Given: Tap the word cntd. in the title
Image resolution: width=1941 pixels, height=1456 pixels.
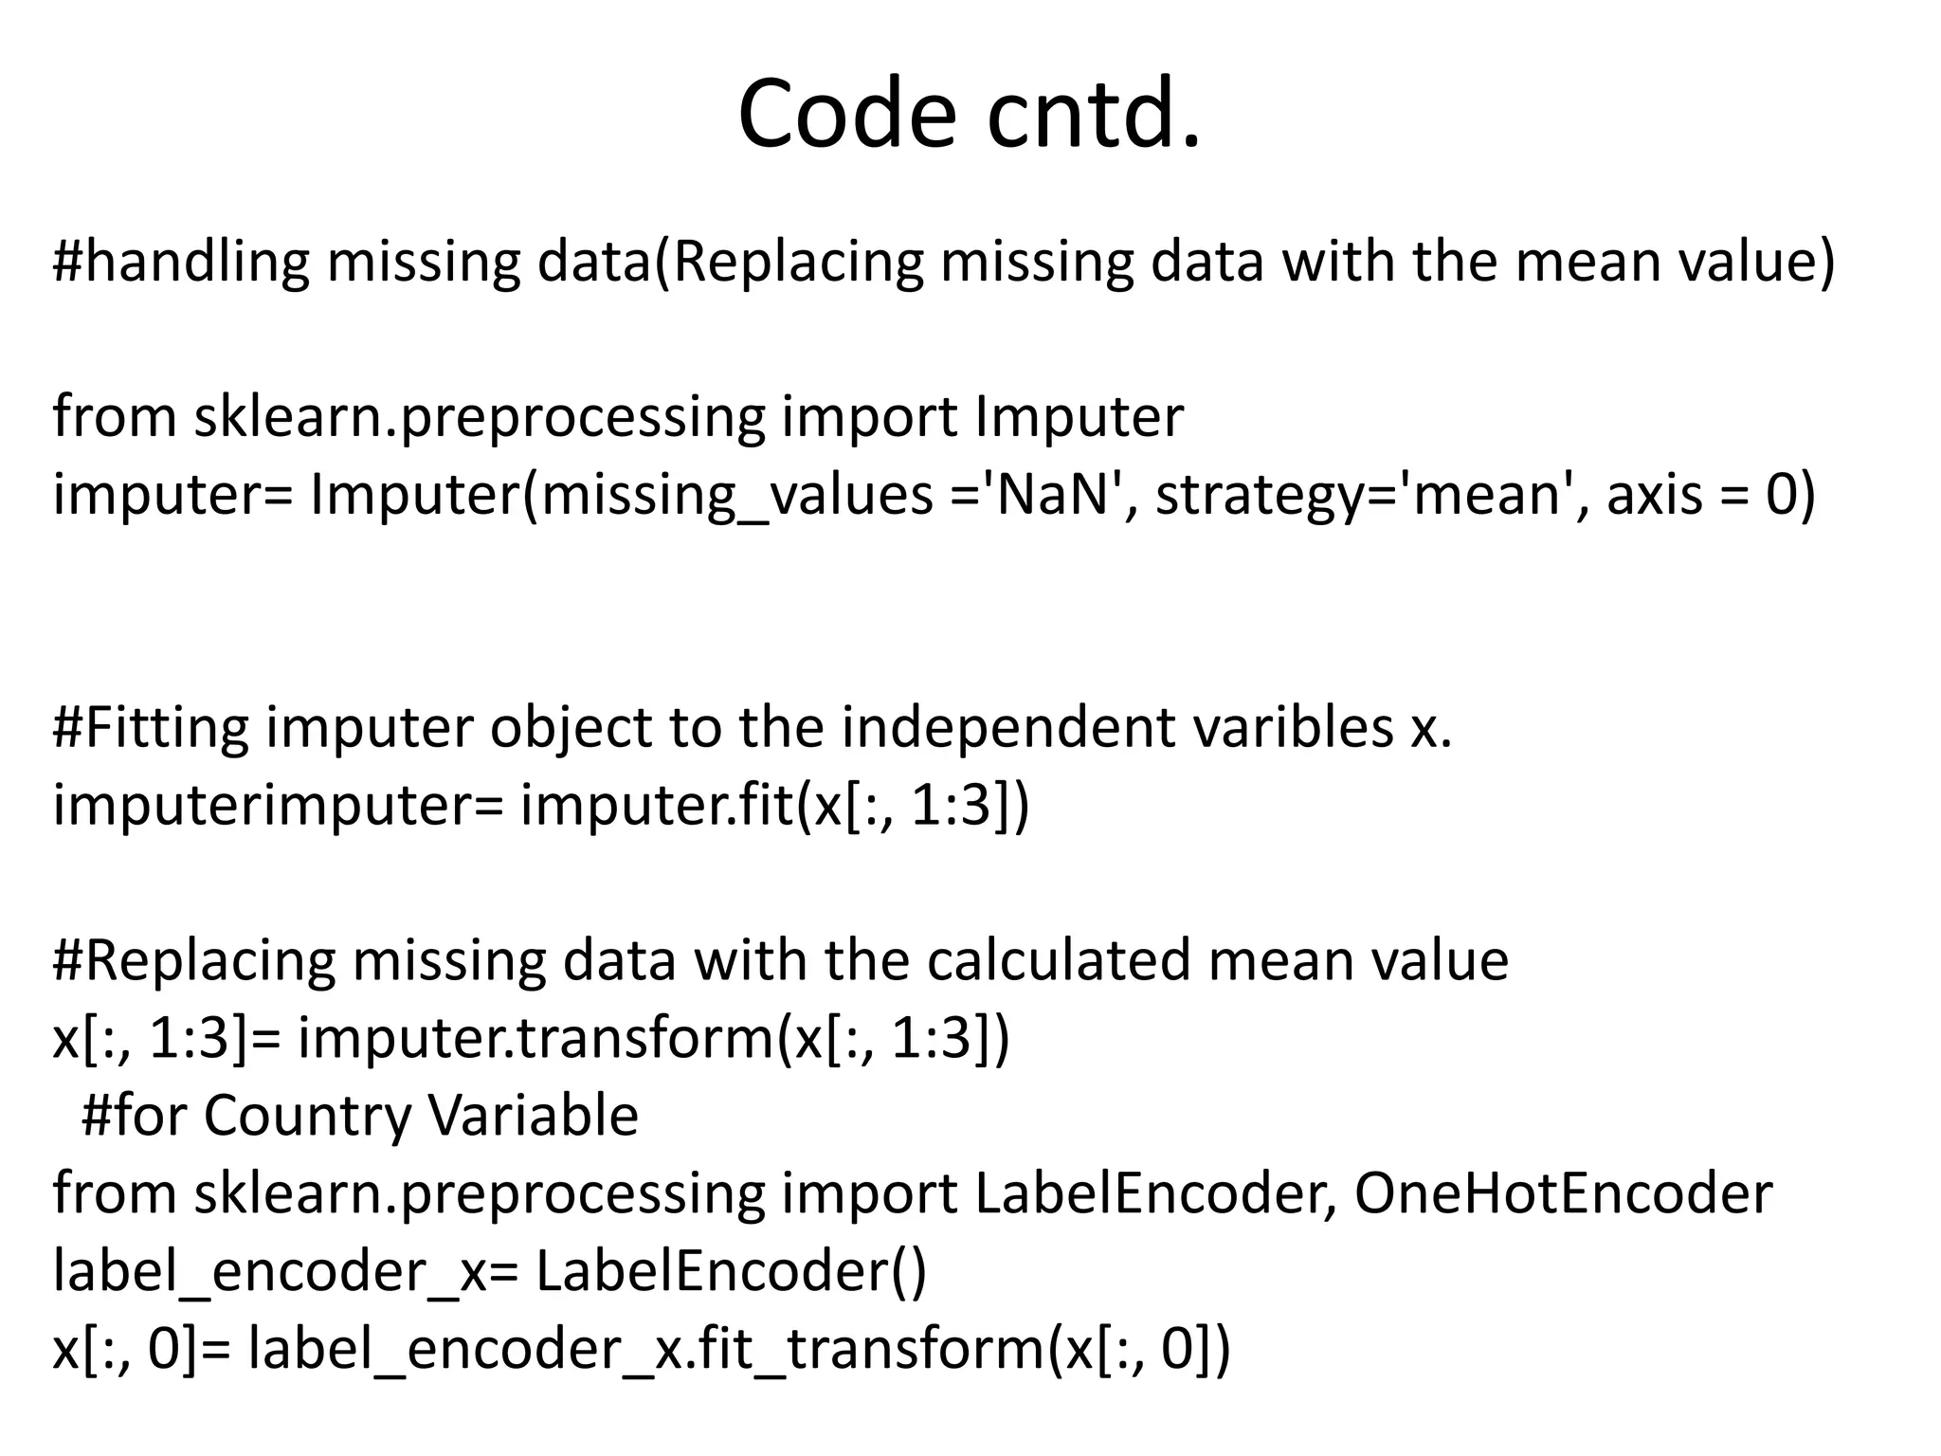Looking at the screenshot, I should point(1094,115).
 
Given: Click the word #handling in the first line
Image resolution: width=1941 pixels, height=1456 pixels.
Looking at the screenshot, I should point(181,263).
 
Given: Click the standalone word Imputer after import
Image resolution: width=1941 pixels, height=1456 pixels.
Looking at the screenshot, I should point(1079,417).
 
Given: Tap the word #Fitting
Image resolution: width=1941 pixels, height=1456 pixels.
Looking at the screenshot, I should point(151,728).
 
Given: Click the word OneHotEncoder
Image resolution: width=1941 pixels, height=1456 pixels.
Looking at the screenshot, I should point(1563,1193).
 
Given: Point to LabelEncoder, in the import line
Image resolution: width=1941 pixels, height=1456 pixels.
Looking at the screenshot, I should point(1156,1193).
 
